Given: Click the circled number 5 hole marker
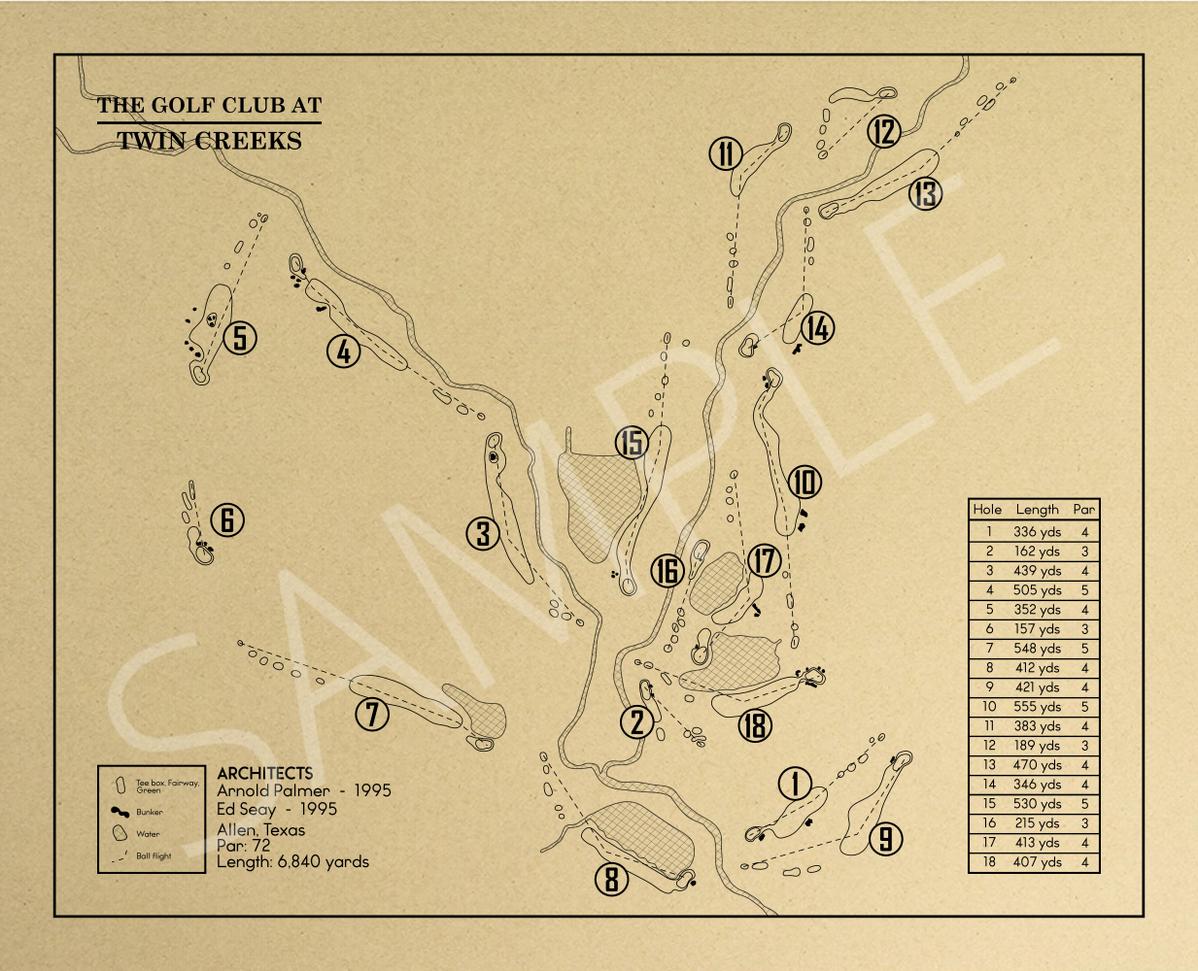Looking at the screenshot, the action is (240, 338).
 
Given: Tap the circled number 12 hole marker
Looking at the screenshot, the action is (883, 131).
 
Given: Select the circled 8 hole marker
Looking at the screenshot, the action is (611, 879).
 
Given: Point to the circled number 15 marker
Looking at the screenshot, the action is (632, 442).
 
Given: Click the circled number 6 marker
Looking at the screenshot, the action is (227, 519).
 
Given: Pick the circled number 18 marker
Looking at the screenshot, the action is (755, 725).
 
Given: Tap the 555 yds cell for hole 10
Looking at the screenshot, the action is (1037, 706).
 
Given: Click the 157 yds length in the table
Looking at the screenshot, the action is (1037, 629).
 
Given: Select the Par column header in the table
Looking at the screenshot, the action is (1083, 509).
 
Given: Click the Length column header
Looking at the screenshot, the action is (1037, 510).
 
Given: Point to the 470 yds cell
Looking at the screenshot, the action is (1037, 765).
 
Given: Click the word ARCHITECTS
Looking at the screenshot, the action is (265, 773).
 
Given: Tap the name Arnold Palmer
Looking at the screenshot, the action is (273, 790).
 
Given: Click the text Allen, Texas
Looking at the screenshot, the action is (261, 829).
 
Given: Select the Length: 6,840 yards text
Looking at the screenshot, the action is (293, 861).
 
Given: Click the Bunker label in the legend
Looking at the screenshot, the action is (149, 812).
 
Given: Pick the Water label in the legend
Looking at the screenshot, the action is (148, 834).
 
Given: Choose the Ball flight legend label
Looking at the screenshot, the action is (154, 855).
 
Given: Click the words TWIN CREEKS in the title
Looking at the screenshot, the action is (209, 141).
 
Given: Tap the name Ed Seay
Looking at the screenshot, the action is (247, 809).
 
